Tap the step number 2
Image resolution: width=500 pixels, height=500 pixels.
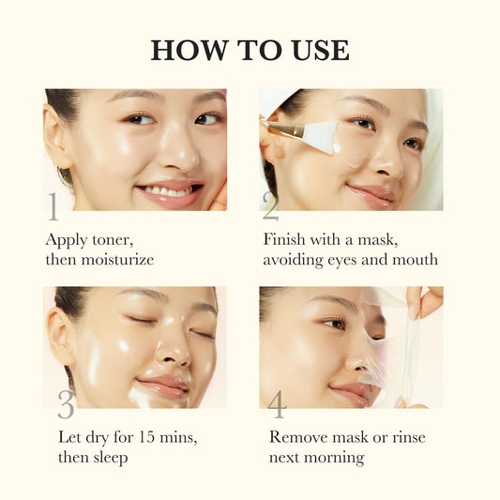(270, 205)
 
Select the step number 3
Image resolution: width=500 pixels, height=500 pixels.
(65, 404)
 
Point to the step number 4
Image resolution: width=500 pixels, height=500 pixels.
(277, 404)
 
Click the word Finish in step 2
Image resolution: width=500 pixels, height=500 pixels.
(288, 238)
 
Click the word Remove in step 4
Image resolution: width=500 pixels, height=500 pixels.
(298, 436)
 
